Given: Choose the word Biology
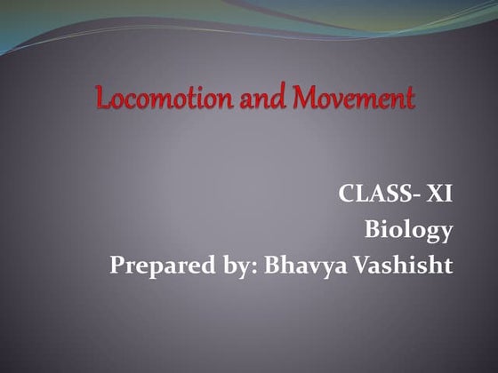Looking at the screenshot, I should click(x=409, y=231).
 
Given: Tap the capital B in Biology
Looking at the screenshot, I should click(x=373, y=230).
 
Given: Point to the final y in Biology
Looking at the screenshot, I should click(x=446, y=234).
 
